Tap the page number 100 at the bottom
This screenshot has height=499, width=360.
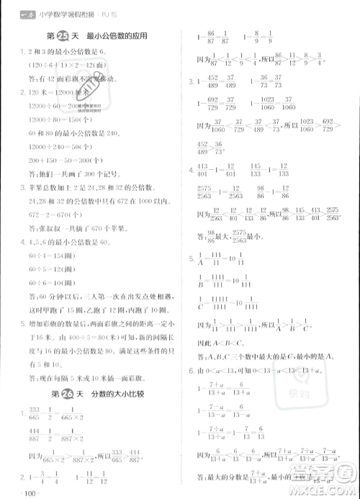coord(30,493)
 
